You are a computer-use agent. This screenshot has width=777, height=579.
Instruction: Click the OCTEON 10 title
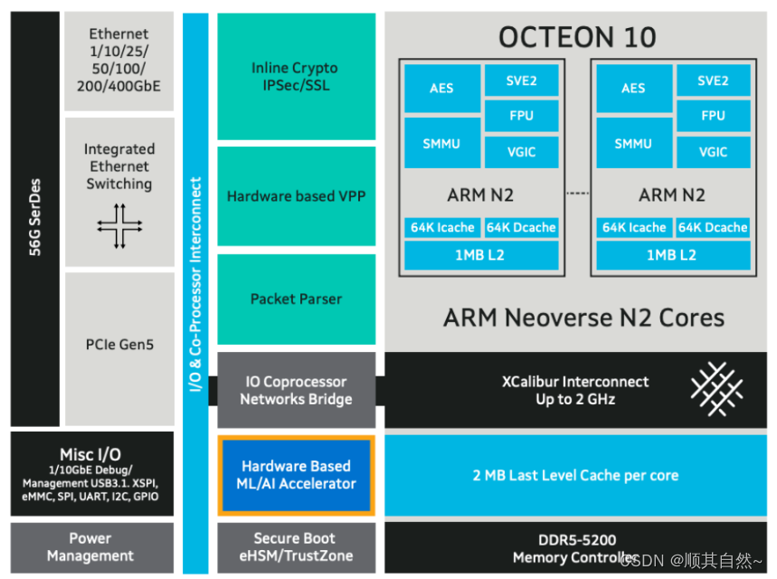(x=577, y=37)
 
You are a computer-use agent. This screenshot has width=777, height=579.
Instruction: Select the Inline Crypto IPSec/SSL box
(x=295, y=76)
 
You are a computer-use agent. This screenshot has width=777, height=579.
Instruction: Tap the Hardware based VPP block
(x=296, y=196)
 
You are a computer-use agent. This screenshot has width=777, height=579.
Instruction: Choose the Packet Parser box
(x=296, y=299)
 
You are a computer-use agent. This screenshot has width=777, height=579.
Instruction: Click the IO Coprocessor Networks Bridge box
(x=296, y=390)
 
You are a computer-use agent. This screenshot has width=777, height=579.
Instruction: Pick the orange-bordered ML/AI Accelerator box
(x=296, y=475)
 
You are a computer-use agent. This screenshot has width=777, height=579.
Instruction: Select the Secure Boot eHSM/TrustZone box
(x=296, y=546)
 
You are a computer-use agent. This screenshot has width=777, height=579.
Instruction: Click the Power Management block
(x=90, y=546)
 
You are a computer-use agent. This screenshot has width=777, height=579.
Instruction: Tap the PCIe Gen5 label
(x=118, y=345)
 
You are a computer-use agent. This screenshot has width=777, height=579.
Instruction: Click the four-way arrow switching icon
(x=119, y=225)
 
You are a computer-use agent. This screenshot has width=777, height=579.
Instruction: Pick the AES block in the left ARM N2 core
(x=441, y=88)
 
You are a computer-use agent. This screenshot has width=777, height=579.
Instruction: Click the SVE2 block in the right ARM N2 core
(x=713, y=81)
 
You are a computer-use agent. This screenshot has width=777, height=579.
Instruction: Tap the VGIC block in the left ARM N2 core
(x=521, y=151)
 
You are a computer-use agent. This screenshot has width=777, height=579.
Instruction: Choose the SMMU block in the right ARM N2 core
(x=633, y=143)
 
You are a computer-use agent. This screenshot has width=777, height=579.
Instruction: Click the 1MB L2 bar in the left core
(x=480, y=255)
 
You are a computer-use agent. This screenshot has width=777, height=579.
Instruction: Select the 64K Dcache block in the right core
(x=714, y=227)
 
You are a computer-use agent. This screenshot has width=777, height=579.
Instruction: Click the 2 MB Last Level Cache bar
(x=575, y=475)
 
